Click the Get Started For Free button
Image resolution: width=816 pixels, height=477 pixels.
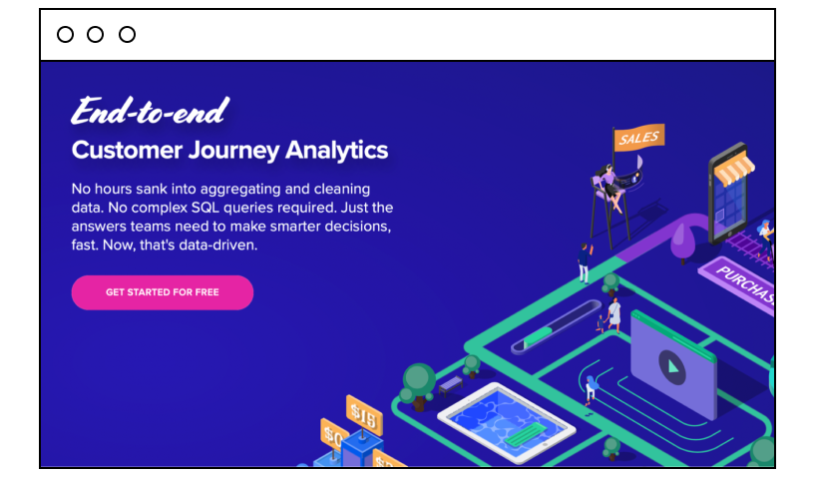tap(163, 292)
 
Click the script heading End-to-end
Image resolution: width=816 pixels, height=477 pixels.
tap(150, 111)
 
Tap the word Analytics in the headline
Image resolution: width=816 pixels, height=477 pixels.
tap(336, 151)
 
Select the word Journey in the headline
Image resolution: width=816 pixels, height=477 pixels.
tap(233, 151)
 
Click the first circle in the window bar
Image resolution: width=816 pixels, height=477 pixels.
tap(65, 34)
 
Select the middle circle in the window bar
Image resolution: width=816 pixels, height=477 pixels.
tap(95, 34)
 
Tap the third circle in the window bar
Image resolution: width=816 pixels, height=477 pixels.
tap(127, 34)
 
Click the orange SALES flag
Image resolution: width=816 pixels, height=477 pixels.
tap(639, 138)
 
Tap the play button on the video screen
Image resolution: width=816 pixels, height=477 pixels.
tap(671, 367)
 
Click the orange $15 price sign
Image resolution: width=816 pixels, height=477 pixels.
tap(364, 415)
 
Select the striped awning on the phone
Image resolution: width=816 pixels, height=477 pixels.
tap(734, 167)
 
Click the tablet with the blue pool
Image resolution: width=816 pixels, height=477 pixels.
tap(507, 422)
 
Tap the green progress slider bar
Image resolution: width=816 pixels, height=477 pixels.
tap(556, 327)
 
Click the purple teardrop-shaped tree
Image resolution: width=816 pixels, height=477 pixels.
tap(683, 241)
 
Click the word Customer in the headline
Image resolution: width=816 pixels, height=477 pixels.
tap(127, 151)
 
